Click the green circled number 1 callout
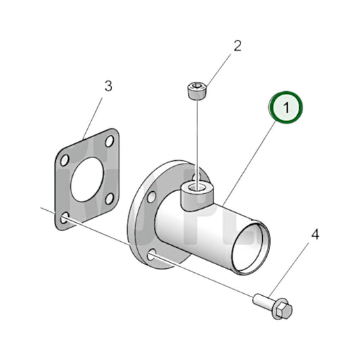[286, 107]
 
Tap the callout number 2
[237, 46]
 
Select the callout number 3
[108, 86]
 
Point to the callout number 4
[314, 235]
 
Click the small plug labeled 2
[195, 91]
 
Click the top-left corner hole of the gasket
[64, 161]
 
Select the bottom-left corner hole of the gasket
[63, 219]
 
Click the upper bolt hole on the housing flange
[150, 197]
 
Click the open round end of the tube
[250, 249]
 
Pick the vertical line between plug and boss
[196, 138]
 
